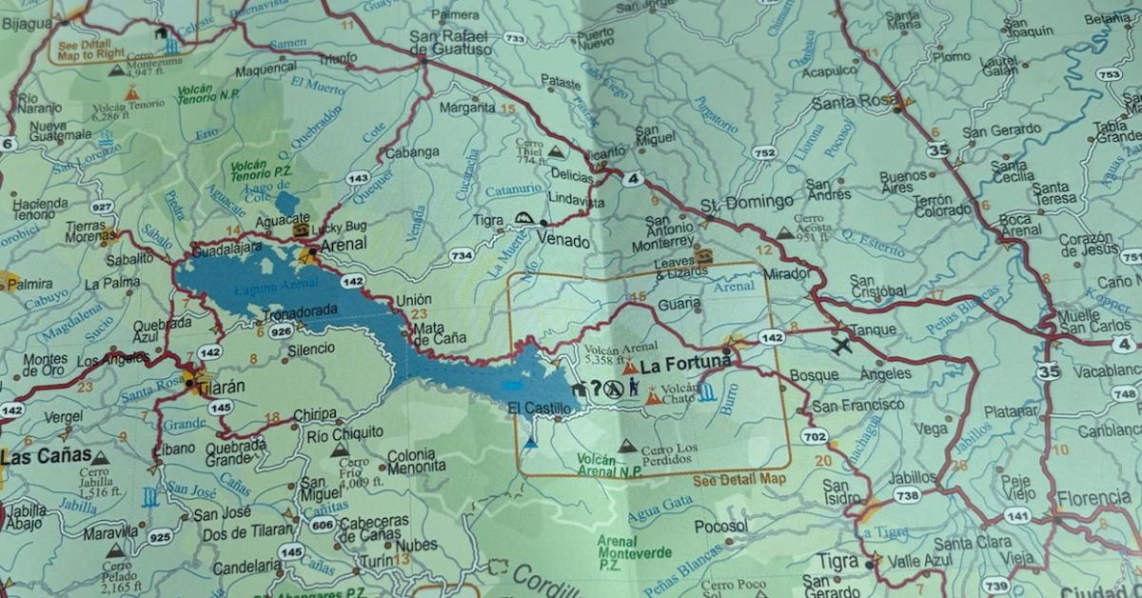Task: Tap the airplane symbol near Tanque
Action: (841, 346)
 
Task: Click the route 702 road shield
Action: (814, 437)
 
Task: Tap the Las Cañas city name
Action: (45, 456)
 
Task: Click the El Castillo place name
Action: (540, 409)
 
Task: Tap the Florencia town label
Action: (1093, 497)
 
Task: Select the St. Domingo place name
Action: (747, 202)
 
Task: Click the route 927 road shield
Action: (103, 207)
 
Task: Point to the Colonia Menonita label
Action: (415, 460)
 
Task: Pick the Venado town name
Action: (569, 241)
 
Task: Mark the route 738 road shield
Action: (907, 495)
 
